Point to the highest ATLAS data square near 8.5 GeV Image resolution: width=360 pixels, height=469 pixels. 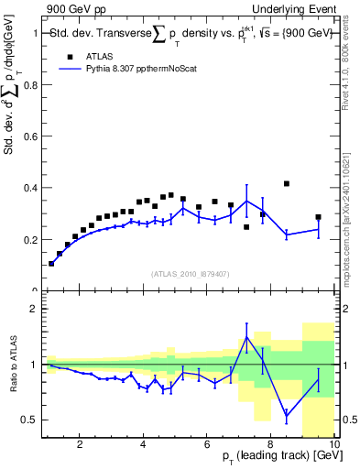(287, 183)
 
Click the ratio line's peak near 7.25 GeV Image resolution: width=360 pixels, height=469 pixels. (246, 337)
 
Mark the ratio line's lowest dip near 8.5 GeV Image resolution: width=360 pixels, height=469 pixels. (287, 415)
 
